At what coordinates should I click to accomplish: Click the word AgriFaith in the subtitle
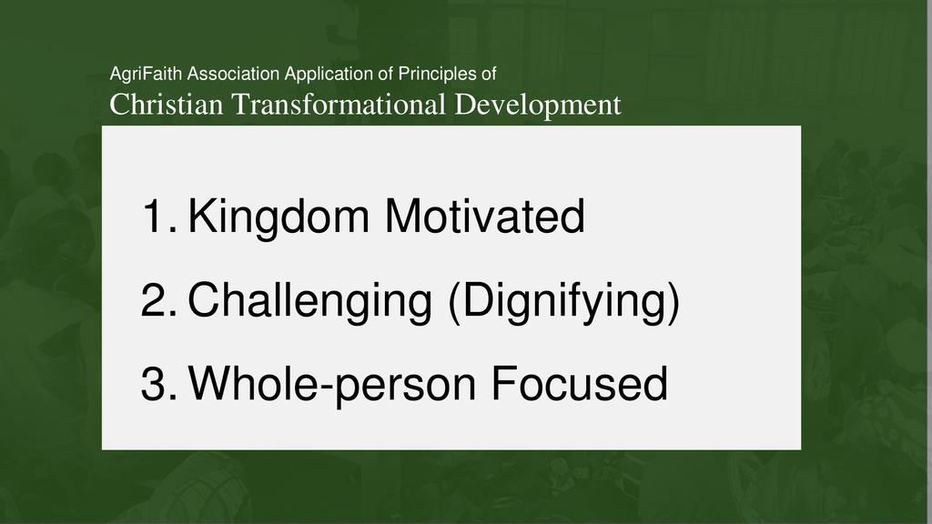pos(147,75)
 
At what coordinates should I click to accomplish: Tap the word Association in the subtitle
pos(234,75)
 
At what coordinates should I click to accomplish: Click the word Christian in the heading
pos(167,105)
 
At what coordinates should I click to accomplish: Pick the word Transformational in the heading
pos(339,105)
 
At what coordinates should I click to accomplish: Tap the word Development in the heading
pos(537,106)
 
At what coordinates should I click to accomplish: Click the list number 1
pos(159,216)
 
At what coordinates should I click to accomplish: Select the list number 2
pos(158,300)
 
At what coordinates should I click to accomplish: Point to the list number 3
pos(158,384)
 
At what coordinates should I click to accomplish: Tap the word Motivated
pos(485,215)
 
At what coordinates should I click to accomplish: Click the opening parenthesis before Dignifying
pos(455,303)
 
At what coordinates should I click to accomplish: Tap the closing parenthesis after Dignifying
pos(673,303)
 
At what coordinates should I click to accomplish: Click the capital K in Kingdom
pos(201,215)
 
